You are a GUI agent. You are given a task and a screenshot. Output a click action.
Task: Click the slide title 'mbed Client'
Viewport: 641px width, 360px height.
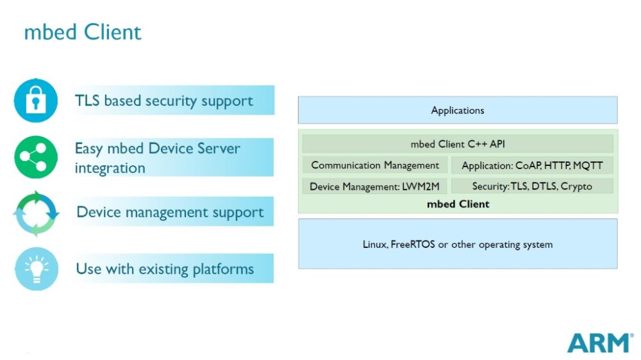click(x=83, y=32)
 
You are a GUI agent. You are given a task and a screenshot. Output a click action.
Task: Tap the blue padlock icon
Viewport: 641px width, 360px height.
click(x=36, y=101)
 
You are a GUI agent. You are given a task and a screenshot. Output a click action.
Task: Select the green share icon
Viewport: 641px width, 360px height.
click(x=36, y=157)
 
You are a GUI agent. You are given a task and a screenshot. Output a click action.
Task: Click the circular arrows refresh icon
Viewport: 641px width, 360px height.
click(x=36, y=213)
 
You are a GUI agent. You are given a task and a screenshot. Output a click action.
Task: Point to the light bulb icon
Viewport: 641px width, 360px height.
click(x=36, y=268)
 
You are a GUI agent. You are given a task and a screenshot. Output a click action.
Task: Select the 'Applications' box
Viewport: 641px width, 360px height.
click(x=458, y=110)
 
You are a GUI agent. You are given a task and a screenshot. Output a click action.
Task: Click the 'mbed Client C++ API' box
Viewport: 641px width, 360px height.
click(x=458, y=144)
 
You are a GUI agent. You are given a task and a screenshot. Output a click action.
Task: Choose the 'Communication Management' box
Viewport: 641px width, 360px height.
click(x=375, y=165)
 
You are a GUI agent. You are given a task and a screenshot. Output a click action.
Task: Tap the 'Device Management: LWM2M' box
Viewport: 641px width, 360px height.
click(x=374, y=186)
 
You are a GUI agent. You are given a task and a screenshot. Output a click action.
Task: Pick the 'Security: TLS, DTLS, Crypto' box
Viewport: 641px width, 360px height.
click(x=532, y=186)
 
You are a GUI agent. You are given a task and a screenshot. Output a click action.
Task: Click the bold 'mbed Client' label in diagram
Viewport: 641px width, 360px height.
click(x=458, y=204)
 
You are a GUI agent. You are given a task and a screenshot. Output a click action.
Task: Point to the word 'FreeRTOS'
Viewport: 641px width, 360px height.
click(x=412, y=244)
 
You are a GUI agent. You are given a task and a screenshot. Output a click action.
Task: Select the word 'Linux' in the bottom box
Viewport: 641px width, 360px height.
click(x=374, y=244)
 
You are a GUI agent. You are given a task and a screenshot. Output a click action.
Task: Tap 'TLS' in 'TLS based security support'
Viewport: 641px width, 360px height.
click(x=87, y=101)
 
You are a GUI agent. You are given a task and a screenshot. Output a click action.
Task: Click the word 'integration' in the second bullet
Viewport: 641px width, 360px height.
click(x=110, y=168)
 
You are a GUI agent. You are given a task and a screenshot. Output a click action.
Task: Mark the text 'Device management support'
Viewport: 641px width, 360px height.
click(x=170, y=212)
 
